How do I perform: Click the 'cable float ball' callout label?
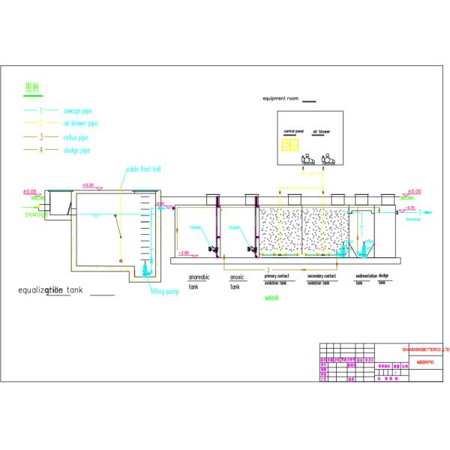pyautogui.click(x=144, y=169)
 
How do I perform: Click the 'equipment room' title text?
pyautogui.click(x=281, y=99)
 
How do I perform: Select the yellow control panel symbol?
pyautogui.click(x=285, y=145)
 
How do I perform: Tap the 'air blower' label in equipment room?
pyautogui.click(x=321, y=132)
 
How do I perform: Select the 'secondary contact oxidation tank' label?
pyautogui.click(x=322, y=279)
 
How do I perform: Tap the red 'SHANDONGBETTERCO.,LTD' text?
pyautogui.click(x=424, y=349)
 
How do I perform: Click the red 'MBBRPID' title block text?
pyautogui.click(x=424, y=361)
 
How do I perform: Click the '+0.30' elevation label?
pyautogui.click(x=88, y=185)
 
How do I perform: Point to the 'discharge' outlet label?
pyautogui.click(x=412, y=219)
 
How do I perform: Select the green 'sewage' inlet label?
pyautogui.click(x=36, y=214)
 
